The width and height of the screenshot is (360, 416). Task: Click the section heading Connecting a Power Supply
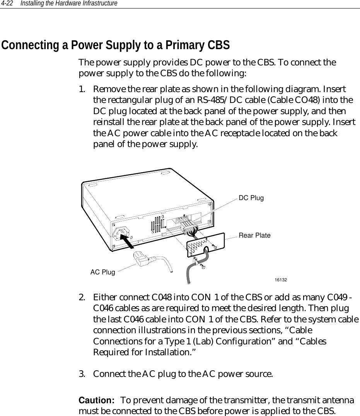click(x=116, y=45)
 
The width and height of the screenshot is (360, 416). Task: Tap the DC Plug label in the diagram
click(x=251, y=198)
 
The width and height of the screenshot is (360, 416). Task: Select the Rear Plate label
click(x=254, y=236)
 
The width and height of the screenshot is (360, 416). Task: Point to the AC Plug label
click(x=102, y=272)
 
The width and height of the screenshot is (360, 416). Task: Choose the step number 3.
click(x=82, y=374)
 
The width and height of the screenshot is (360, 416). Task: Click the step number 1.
click(x=82, y=89)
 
